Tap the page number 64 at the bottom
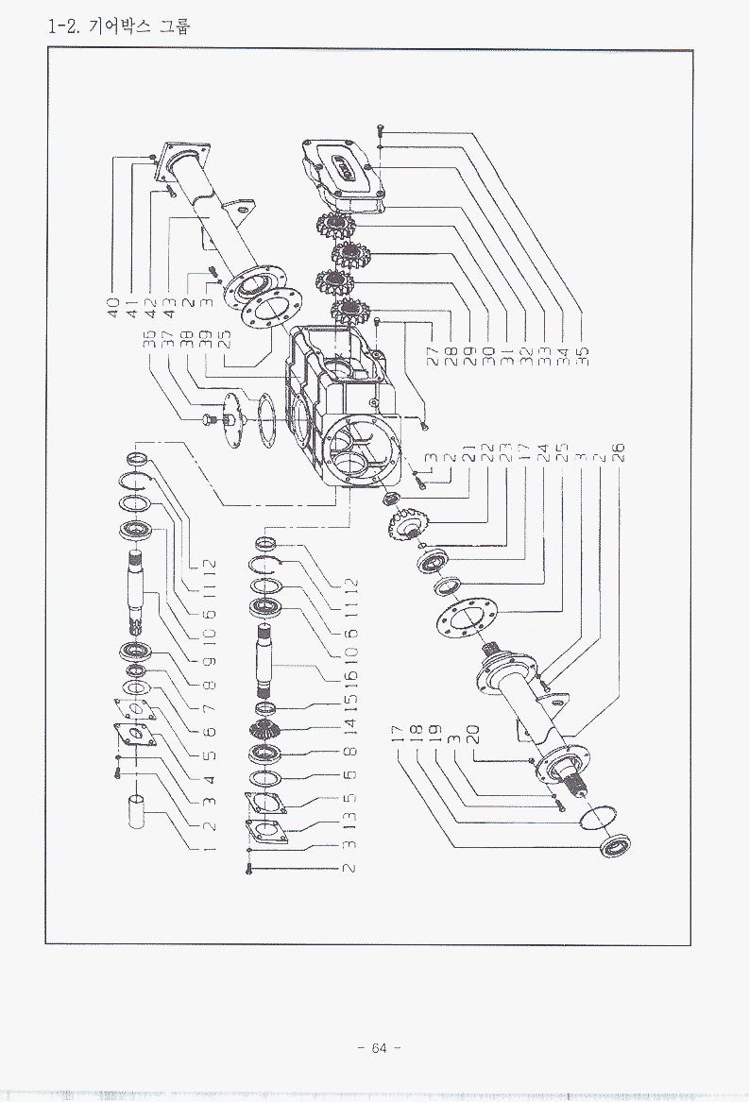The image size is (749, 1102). coord(379,1048)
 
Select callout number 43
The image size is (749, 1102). coord(170,308)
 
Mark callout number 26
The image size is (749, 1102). coord(619,453)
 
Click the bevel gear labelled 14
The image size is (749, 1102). coord(266,731)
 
